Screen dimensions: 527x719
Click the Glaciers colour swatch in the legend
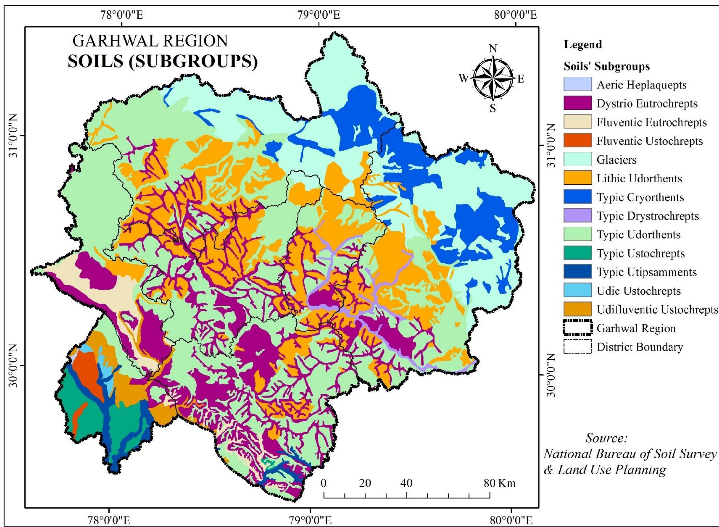(577, 159)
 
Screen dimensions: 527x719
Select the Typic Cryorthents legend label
(640, 197)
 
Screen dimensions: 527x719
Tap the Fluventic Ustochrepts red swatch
(577, 141)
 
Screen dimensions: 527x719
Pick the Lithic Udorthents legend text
(639, 178)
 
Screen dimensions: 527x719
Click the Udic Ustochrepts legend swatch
(577, 290)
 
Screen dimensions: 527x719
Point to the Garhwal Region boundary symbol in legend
(577, 328)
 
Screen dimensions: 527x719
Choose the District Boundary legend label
(640, 347)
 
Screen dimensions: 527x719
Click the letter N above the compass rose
(493, 49)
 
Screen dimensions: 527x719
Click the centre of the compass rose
(493, 78)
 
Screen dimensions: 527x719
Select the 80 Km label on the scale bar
(499, 483)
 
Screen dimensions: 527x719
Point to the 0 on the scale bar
(323, 483)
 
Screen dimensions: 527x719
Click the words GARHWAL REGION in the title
(150, 41)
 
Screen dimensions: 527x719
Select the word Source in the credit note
(606, 438)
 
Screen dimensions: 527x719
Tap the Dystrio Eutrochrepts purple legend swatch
(577, 103)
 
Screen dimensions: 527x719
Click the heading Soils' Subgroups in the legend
(606, 66)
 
